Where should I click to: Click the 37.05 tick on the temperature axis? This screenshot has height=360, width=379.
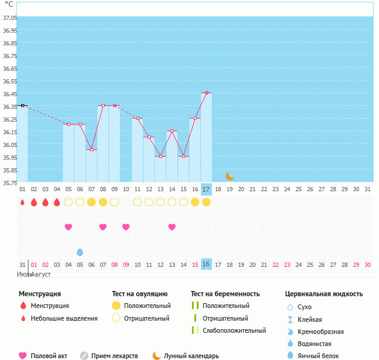9,18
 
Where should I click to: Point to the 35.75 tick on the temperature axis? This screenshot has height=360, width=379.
9,183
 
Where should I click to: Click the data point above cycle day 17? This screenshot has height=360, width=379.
206,93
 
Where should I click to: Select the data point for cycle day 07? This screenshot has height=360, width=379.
91,149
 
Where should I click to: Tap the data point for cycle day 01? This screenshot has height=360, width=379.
22,105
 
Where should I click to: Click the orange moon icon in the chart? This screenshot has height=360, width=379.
229,176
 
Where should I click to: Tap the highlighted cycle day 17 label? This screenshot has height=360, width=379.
206,189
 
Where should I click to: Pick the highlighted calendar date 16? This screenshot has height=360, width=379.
206,264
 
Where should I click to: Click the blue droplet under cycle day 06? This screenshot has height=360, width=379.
80,252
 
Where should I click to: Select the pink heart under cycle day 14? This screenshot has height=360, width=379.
172,227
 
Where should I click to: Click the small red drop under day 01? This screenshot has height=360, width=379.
22,202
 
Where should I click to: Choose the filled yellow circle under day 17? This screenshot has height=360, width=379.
206,202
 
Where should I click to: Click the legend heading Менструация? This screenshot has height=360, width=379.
39,294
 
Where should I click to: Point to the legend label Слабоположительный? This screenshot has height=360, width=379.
234,330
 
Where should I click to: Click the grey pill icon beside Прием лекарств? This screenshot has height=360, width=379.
84,356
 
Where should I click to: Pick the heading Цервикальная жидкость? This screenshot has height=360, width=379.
324,294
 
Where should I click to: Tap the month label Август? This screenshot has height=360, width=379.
41,274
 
